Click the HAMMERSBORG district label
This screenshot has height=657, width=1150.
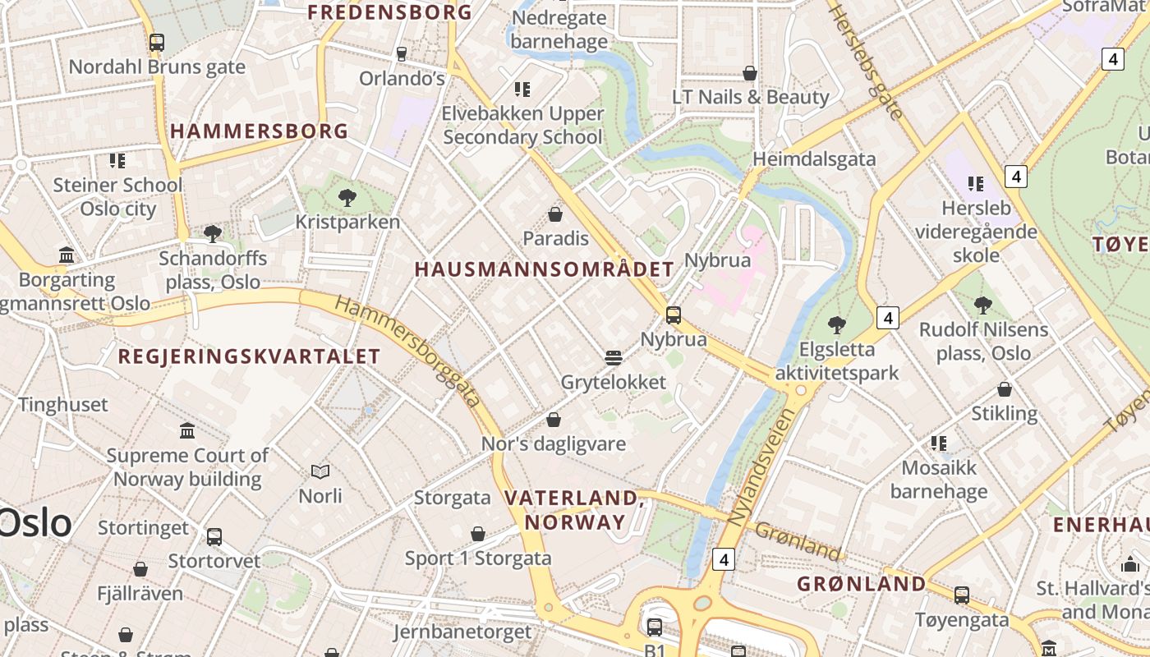[x=260, y=131]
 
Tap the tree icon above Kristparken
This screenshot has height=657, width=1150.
[x=347, y=197]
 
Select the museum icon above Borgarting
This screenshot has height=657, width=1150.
[x=67, y=255]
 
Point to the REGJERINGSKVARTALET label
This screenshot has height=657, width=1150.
[x=249, y=356]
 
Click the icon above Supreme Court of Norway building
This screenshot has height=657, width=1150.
[x=187, y=430]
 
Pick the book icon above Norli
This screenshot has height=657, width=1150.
[x=320, y=471]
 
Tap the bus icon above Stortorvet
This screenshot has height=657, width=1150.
[x=214, y=537]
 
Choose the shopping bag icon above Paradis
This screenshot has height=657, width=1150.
[x=555, y=214]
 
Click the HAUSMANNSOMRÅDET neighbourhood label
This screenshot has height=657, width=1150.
[x=544, y=269]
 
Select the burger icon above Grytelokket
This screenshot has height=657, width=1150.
[x=613, y=358]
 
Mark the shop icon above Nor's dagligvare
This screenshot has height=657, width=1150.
[x=554, y=420]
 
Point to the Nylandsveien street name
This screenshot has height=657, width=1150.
[x=762, y=467]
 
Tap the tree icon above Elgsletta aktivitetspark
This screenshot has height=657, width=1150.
[x=837, y=325]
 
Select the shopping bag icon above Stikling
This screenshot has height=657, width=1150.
[x=1004, y=389]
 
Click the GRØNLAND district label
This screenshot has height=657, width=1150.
[x=862, y=584]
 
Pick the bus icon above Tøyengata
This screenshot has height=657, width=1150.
[x=961, y=595]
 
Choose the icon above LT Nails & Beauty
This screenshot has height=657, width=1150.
[x=750, y=73]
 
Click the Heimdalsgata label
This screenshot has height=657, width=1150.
[x=815, y=159]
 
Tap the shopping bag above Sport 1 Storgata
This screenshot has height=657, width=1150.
[x=478, y=534]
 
